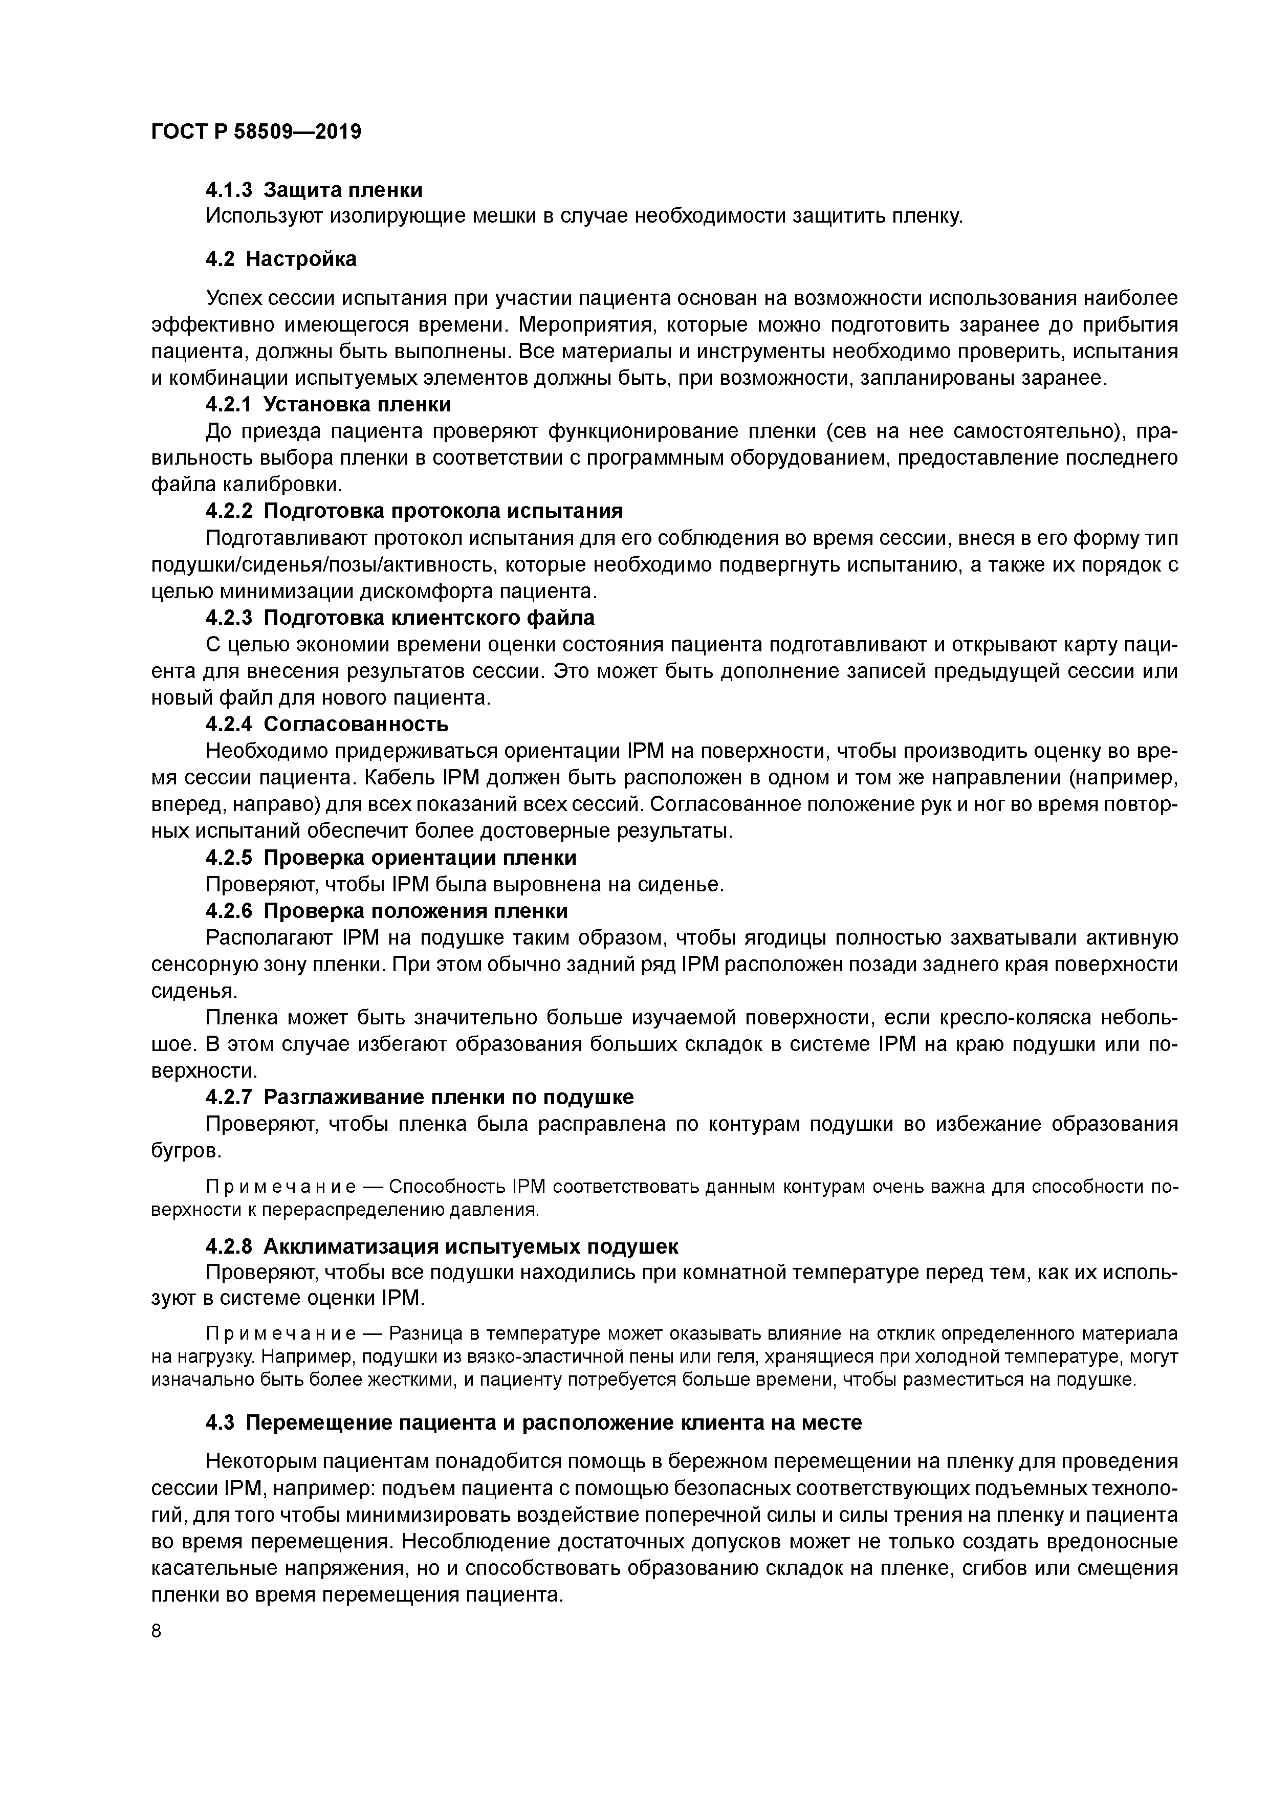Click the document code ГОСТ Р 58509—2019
click(256, 132)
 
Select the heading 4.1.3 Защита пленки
click(314, 190)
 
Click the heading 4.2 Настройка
click(281, 259)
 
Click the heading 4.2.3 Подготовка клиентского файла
click(400, 618)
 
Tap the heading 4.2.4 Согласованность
click(327, 724)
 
